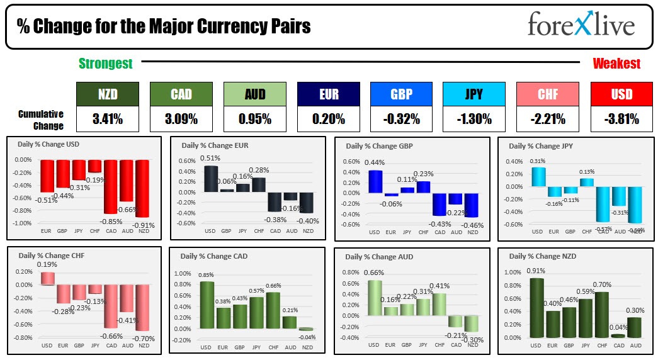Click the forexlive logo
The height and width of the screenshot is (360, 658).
click(581, 25)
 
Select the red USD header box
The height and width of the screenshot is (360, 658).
click(621, 94)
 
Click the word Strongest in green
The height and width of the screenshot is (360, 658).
click(106, 64)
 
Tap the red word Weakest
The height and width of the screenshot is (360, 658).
click(616, 64)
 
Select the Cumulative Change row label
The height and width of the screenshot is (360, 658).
click(41, 120)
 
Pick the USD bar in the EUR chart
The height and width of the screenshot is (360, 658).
click(210, 179)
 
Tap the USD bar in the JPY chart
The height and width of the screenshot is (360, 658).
click(538, 177)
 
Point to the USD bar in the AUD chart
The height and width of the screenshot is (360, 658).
click(375, 298)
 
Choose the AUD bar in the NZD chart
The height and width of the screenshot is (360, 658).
click(635, 327)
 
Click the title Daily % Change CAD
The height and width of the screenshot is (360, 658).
click(213, 257)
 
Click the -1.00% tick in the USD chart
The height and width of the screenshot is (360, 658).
click(23, 223)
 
